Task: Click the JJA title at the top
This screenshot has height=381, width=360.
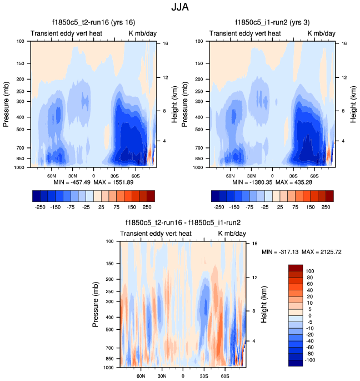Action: click(x=180, y=9)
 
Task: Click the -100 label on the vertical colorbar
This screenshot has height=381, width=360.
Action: click(x=310, y=359)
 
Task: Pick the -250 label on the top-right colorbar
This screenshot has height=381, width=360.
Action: click(x=219, y=206)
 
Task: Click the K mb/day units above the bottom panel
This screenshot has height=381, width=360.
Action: click(x=232, y=234)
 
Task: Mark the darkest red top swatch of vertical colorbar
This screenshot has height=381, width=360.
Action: click(x=296, y=268)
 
